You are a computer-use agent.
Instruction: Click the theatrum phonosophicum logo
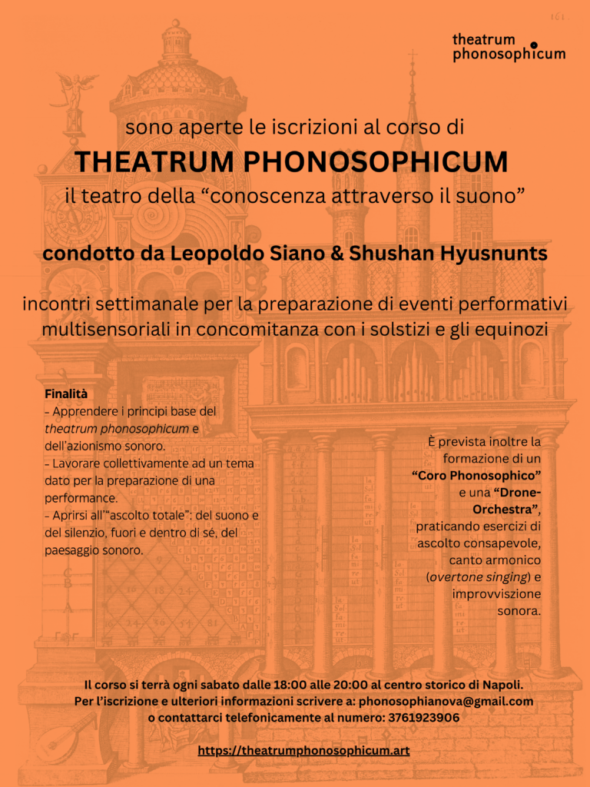point(508,47)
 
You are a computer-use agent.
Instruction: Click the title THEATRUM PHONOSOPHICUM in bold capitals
point(291,162)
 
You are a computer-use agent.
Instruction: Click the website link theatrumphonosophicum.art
point(303,750)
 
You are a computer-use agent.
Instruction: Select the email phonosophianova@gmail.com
point(446,701)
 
